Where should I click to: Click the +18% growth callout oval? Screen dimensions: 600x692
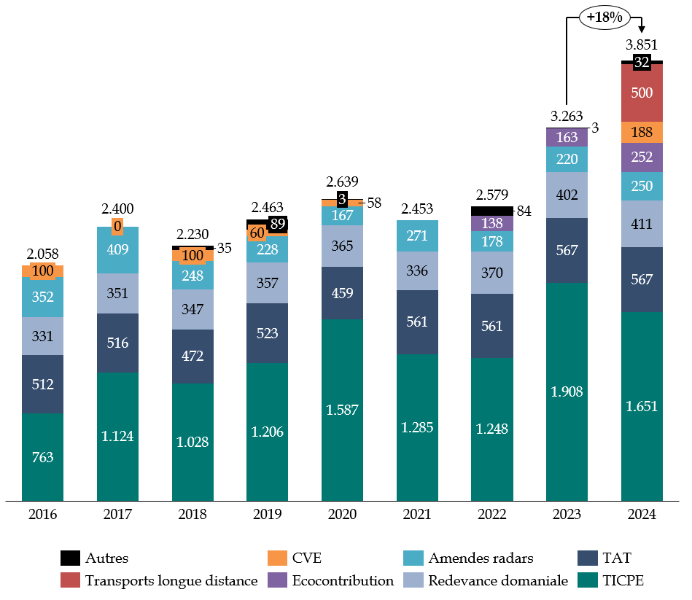[x=603, y=17]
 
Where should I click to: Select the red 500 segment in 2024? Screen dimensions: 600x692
[x=642, y=93]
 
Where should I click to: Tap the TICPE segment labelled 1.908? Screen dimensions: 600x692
[x=567, y=391]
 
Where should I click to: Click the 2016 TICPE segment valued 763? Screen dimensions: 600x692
[x=42, y=457]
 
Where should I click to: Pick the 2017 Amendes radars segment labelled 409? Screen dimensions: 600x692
[x=117, y=250]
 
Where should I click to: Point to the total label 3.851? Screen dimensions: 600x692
[x=642, y=44]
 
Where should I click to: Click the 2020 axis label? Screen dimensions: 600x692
[x=342, y=515]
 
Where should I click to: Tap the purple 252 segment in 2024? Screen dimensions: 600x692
[x=642, y=157]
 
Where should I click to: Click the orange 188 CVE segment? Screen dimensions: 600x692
[x=642, y=132]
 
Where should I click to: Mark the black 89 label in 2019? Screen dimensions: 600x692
[x=277, y=225]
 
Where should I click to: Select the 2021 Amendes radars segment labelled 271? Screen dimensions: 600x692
[x=417, y=236]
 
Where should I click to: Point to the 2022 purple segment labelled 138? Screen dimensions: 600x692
[x=492, y=224]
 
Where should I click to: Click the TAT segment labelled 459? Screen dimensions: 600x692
[x=342, y=293]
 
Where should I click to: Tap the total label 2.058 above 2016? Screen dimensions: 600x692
[x=42, y=254]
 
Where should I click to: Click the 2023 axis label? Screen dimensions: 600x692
[x=567, y=515]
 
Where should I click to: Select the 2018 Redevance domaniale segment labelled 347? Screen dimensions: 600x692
[x=193, y=309]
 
